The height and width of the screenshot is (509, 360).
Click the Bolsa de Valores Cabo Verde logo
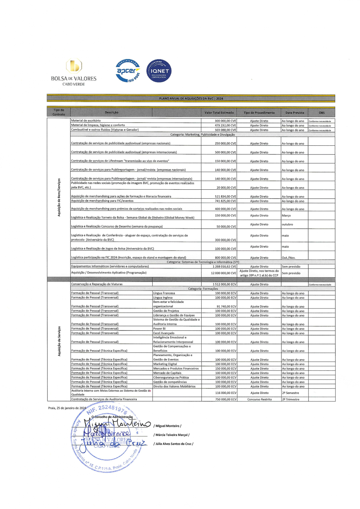tap(74, 72)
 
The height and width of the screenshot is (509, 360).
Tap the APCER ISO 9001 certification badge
tap(128, 71)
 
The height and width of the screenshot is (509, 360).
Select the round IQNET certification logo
tap(159, 71)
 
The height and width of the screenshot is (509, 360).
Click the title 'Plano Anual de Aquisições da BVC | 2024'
tap(191, 98)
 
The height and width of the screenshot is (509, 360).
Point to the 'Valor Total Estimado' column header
tap(219, 113)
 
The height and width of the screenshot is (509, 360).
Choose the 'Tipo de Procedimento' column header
tap(259, 113)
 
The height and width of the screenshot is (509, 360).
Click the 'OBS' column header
tap(321, 113)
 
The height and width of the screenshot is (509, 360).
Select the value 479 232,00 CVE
tap(225, 126)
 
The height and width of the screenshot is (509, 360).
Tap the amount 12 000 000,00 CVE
tap(223, 273)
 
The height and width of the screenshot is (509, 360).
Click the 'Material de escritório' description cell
tap(86, 121)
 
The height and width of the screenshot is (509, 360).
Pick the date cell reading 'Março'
tap(286, 216)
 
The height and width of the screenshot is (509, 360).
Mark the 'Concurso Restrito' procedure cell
tap(259, 399)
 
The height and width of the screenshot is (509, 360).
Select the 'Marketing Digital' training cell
tap(165, 364)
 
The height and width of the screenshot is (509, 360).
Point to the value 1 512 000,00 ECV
tap(224, 284)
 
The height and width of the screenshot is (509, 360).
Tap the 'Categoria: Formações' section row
tap(203, 289)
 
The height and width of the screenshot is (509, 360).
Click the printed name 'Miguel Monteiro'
tap(167, 426)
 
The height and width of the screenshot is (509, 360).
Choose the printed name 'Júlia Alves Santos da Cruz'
tap(173, 444)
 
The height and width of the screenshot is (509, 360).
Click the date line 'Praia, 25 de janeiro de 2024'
tap(67, 408)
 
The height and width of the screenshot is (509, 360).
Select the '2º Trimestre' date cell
tap(291, 399)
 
